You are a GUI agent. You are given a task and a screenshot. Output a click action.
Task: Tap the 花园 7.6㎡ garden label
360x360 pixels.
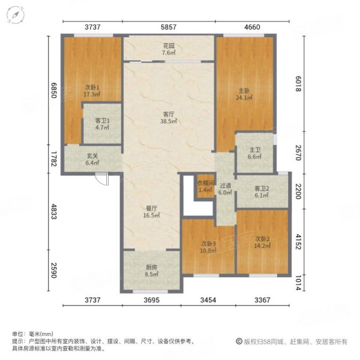[x=169, y=48]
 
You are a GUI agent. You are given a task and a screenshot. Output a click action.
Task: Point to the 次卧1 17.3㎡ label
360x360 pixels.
[x=92, y=91]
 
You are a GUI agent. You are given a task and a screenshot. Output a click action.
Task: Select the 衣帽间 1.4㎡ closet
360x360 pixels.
[x=205, y=186]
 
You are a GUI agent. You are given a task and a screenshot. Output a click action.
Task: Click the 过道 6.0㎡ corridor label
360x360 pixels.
[x=225, y=190]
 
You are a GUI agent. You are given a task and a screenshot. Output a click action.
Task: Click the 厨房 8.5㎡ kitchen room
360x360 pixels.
[x=152, y=272]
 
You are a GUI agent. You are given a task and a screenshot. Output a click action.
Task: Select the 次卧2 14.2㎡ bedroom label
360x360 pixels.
[x=262, y=241]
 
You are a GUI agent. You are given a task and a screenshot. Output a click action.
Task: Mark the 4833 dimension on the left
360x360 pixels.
[x=53, y=213]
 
